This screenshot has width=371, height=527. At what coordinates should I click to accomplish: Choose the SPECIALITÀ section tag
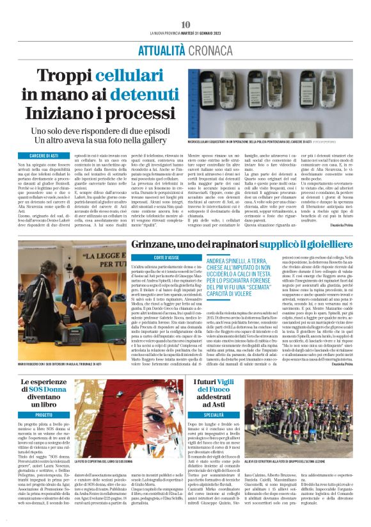[x=213, y=415]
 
